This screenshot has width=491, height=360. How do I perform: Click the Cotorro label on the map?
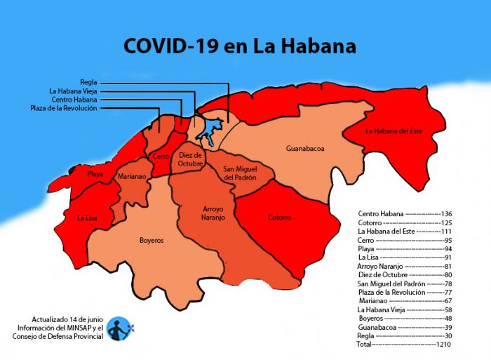[279, 218]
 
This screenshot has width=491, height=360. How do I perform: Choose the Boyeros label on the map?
[151, 240]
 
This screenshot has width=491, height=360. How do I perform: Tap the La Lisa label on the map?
[87, 218]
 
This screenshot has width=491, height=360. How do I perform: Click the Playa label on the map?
[95, 173]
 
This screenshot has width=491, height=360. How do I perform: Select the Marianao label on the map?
[131, 177]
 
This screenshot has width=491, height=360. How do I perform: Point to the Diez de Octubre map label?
[189, 159]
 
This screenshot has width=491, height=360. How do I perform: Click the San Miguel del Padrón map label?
[239, 173]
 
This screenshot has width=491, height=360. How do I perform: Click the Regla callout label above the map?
[88, 82]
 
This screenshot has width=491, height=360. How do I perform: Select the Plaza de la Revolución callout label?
[64, 108]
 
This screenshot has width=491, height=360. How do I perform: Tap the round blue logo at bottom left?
[119, 327]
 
